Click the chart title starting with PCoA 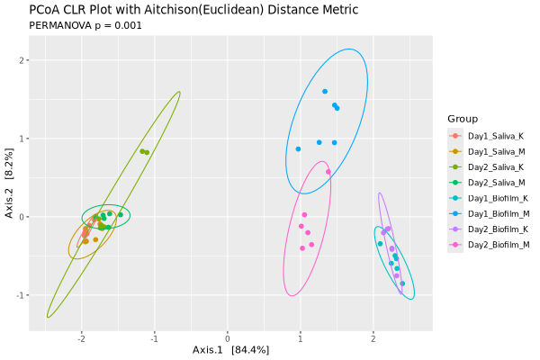click(193, 10)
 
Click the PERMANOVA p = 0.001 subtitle click(85, 26)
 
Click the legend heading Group click(463, 119)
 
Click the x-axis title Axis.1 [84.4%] click(230, 350)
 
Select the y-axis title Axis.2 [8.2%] click(9, 184)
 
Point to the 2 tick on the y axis click(22, 60)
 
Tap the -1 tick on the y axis click(20, 295)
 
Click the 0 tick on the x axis click(228, 339)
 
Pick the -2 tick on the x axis click(81, 339)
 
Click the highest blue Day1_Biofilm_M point click(325, 92)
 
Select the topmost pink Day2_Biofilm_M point click(328, 172)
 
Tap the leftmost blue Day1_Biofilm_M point click(298, 149)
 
